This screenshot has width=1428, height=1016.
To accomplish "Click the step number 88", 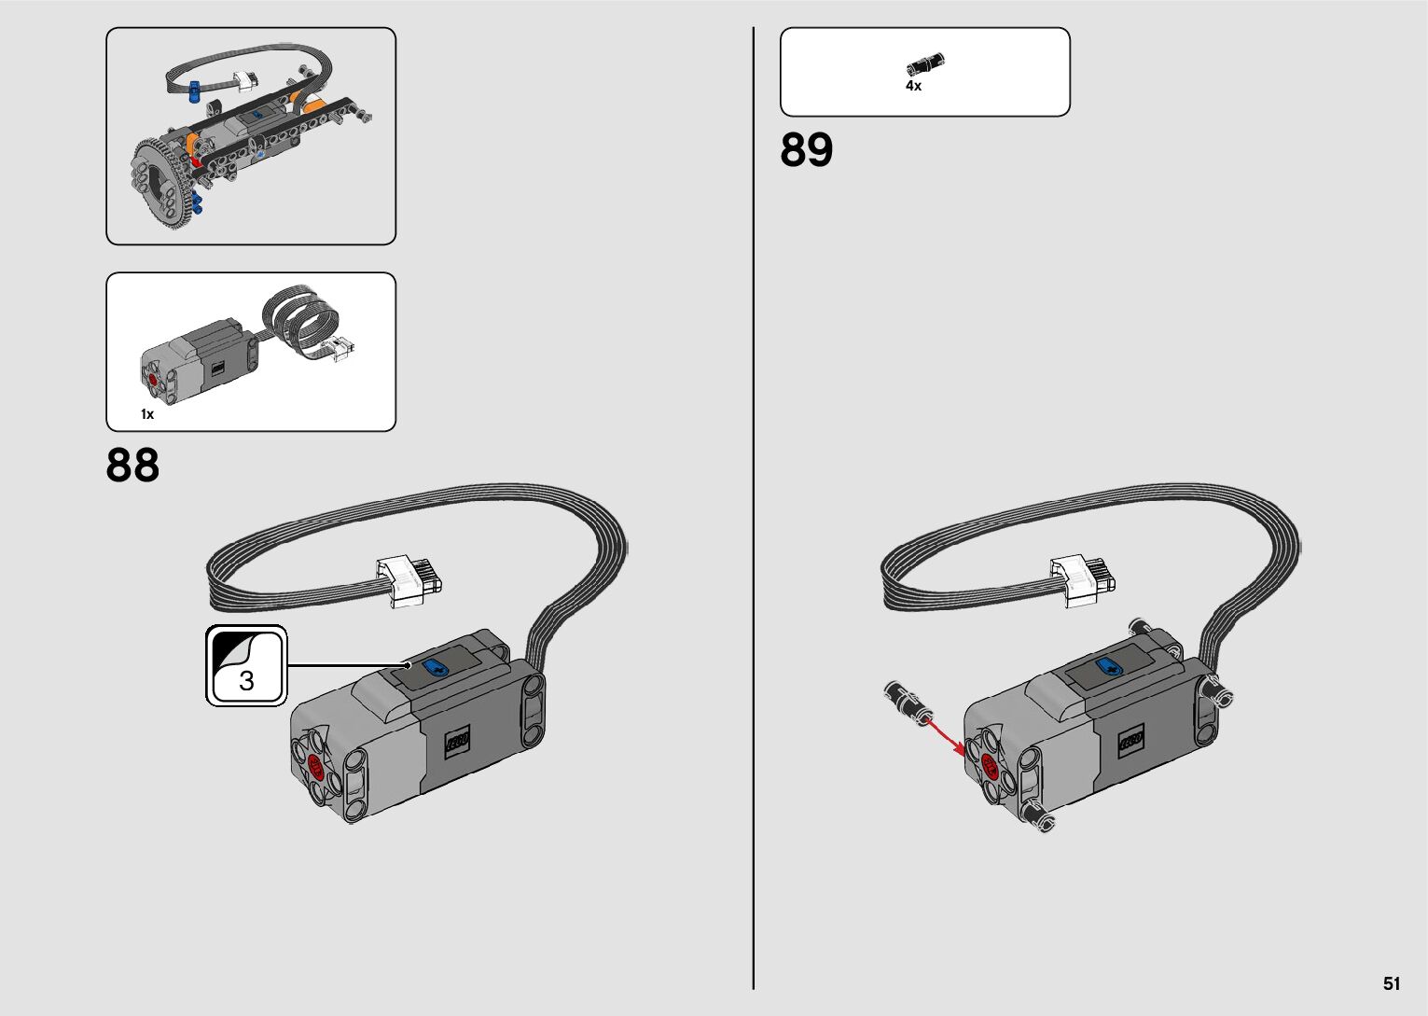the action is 132,465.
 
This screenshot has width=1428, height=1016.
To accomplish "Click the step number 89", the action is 807,150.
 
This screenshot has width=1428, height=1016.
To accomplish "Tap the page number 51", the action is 1392,983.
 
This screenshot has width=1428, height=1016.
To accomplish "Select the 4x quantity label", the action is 913,86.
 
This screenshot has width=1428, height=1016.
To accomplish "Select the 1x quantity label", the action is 147,414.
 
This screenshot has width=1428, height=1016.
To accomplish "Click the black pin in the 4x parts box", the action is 925,64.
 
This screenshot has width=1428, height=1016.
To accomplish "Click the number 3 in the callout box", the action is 247,680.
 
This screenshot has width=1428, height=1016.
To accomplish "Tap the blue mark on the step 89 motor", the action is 1110,667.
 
